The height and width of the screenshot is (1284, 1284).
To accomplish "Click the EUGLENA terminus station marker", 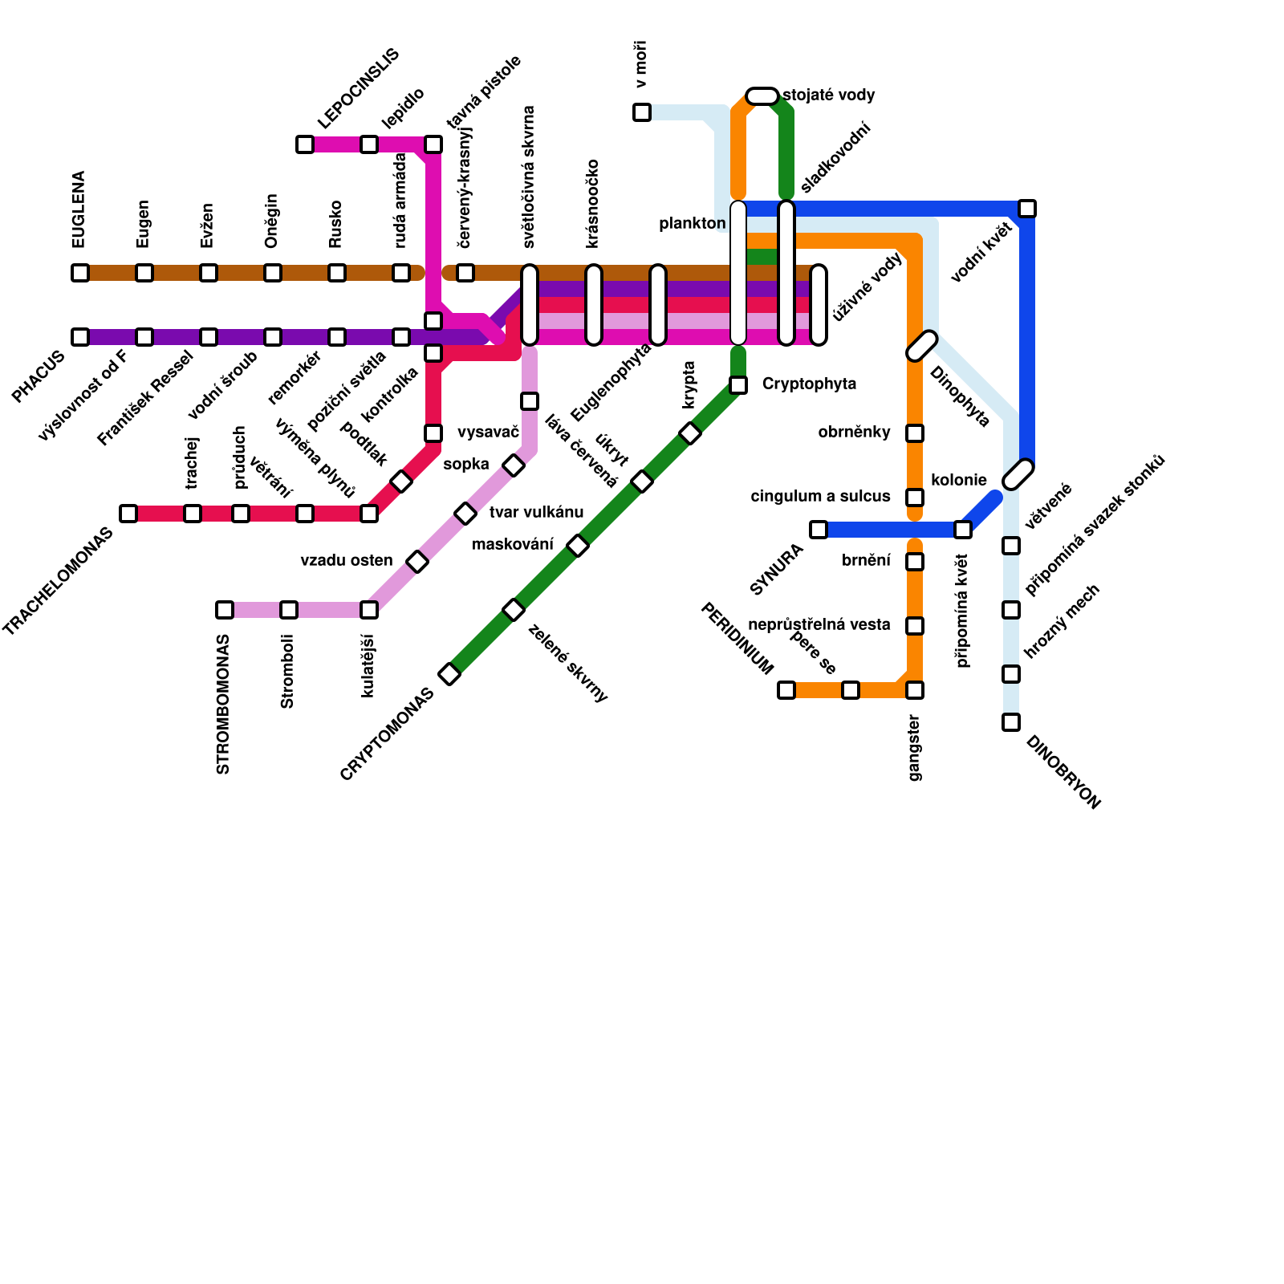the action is click(x=80, y=273).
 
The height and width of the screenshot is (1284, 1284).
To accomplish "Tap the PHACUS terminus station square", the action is click(x=80, y=337).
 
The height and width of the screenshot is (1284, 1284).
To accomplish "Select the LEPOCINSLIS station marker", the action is click(x=305, y=144).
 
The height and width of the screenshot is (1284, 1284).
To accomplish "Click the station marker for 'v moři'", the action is click(x=642, y=112).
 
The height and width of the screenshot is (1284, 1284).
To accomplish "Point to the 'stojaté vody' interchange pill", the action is click(x=762, y=96).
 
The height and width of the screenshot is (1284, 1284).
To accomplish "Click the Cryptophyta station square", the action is click(x=738, y=385).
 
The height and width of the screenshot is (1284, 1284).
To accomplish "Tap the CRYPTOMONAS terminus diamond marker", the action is click(x=450, y=674).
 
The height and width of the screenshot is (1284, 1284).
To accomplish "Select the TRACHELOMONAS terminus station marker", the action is click(x=128, y=514).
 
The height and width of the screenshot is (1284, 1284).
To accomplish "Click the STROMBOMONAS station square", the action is click(x=225, y=610).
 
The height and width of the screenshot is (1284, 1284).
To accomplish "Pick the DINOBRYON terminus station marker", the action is click(x=1011, y=722).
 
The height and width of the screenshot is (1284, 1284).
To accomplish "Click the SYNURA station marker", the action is click(x=819, y=530).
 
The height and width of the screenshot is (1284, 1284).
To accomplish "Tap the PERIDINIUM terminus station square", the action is click(x=786, y=690).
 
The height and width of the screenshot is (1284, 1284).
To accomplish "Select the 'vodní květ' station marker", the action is click(x=1027, y=209).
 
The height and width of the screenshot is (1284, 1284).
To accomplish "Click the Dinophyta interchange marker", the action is click(x=922, y=346).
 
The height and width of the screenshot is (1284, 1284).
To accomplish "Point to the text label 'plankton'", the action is click(x=692, y=224).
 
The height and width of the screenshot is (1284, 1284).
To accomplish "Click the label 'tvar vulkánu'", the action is click(x=536, y=513).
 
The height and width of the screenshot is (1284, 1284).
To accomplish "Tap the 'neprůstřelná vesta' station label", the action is click(x=819, y=625).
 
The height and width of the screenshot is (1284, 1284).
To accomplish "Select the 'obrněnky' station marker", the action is click(x=915, y=433).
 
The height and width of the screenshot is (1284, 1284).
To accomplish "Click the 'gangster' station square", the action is click(x=915, y=690).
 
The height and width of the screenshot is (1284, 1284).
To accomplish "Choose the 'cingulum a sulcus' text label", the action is click(x=820, y=497).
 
